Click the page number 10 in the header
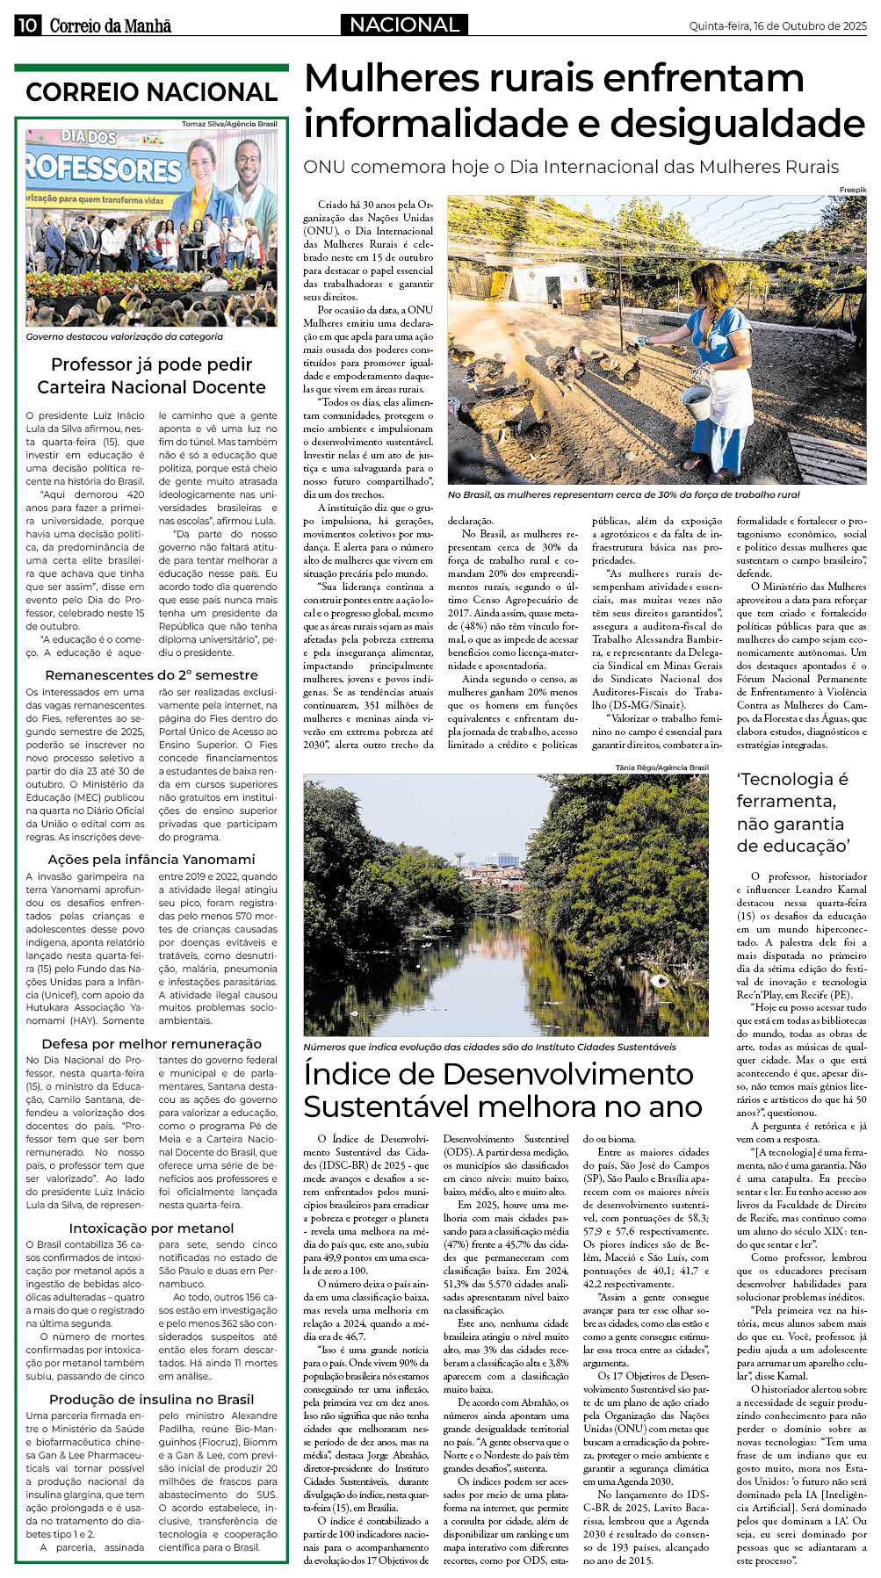[26, 25]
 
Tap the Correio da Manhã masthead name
[110, 25]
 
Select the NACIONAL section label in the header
[404, 25]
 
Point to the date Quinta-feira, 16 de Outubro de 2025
[777, 26]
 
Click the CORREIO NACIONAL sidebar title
[151, 92]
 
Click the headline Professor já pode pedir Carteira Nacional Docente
[151, 376]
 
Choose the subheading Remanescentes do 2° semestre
[151, 675]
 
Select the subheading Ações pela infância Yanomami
[151, 860]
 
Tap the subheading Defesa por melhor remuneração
[151, 1044]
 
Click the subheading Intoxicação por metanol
[151, 1229]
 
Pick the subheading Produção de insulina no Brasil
[151, 1400]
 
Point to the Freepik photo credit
[852, 190]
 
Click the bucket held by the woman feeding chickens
[697, 402]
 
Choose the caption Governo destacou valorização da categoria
[124, 336]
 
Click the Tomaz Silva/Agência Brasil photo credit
[228, 124]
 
